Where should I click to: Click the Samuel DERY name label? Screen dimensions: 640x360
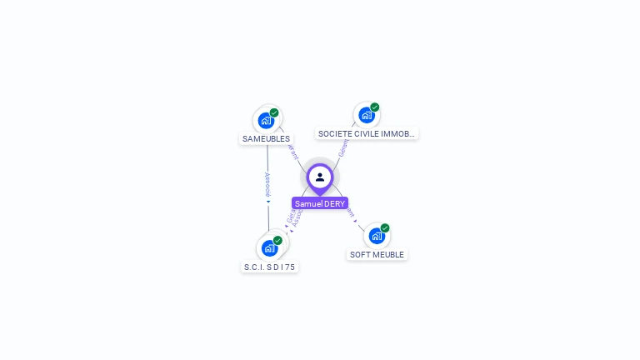click(x=320, y=203)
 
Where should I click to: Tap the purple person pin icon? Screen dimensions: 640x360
click(x=320, y=177)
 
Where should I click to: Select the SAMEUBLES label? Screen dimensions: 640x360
click(x=266, y=138)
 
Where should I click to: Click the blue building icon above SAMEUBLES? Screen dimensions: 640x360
click(x=266, y=121)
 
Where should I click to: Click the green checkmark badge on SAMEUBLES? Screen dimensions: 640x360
click(x=274, y=112)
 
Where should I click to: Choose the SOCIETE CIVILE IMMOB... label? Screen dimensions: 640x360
click(x=367, y=133)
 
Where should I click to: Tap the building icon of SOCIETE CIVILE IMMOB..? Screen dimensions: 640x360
click(x=366, y=115)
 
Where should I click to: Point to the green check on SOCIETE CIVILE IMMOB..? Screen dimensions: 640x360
click(x=375, y=107)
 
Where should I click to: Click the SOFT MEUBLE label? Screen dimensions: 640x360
click(x=377, y=254)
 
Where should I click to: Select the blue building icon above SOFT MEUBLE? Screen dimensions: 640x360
click(x=377, y=236)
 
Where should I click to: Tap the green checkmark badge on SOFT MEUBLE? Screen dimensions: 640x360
click(x=385, y=228)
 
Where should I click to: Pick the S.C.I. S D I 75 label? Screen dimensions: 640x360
click(x=269, y=267)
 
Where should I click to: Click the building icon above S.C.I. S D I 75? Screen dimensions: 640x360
click(x=268, y=248)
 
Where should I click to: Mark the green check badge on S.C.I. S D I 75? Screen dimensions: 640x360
click(x=277, y=241)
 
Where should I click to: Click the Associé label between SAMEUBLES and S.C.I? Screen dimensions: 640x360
click(x=267, y=183)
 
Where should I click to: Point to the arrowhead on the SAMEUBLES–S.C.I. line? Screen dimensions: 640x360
click(x=268, y=202)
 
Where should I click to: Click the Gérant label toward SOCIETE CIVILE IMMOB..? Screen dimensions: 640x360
click(x=342, y=148)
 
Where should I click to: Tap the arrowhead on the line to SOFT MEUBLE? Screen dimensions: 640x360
click(x=356, y=221)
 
